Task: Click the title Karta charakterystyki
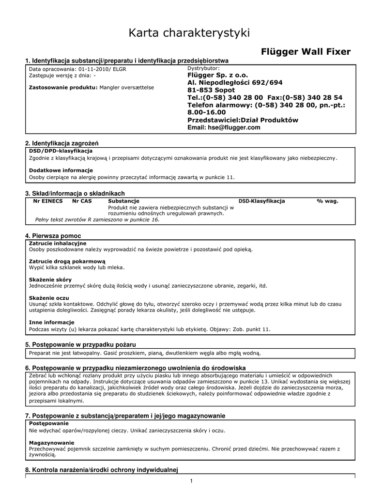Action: coord(189,33)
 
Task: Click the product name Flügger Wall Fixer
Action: coord(306,52)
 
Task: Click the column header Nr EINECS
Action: coord(48,201)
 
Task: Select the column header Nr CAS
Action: coord(82,201)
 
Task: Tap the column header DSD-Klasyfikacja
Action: coord(261,201)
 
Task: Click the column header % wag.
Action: coord(328,201)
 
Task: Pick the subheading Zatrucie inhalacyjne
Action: coord(58,243)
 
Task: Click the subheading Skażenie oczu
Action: coord(49,297)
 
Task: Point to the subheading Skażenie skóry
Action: coord(50,279)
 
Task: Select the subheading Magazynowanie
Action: coord(52,443)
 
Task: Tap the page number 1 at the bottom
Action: coord(191,480)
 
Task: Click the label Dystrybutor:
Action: coord(203,68)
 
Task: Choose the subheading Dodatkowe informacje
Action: coord(61,170)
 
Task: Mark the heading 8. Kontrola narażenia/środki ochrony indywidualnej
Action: coord(102,470)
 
